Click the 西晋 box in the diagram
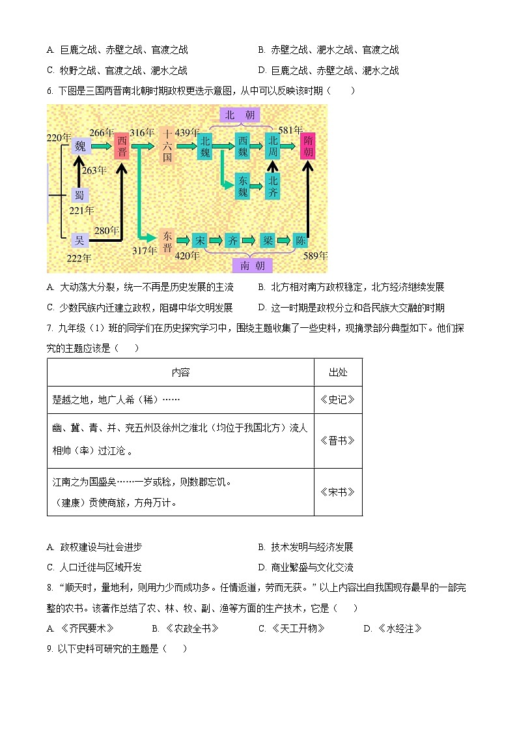click(x=122, y=146)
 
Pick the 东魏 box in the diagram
click(x=242, y=186)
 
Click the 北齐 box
click(x=273, y=186)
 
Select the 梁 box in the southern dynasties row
click(x=267, y=240)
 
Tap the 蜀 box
click(x=79, y=195)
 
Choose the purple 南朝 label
click(x=253, y=265)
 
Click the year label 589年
click(x=315, y=255)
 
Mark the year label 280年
click(x=106, y=230)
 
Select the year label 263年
click(x=94, y=170)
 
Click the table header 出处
click(x=338, y=372)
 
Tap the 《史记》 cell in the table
click(x=338, y=400)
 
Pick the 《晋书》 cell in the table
click(x=338, y=440)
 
